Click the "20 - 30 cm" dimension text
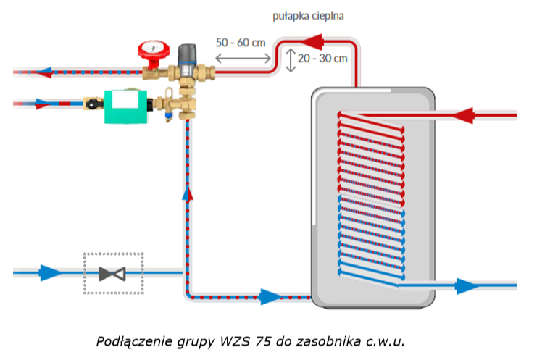[x=322, y=58]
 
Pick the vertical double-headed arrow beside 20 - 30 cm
[x=291, y=59]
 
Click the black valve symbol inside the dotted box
[x=112, y=274]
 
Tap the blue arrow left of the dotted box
[x=50, y=273]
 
